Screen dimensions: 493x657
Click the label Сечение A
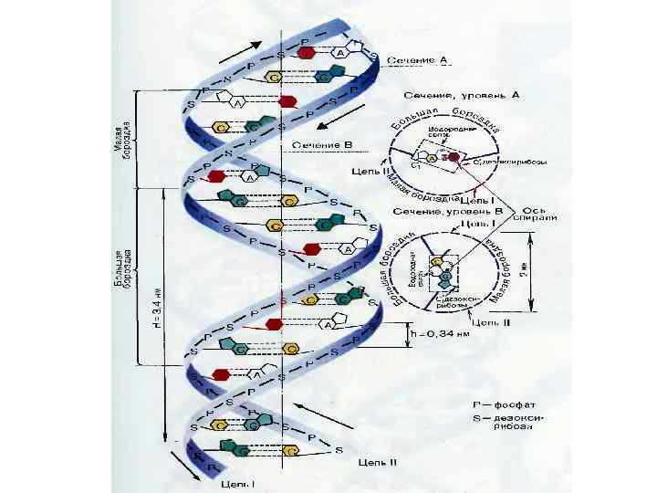[x=418, y=60]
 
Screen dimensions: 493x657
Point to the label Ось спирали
[x=534, y=214]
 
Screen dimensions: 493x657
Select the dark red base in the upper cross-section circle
[x=454, y=157]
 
